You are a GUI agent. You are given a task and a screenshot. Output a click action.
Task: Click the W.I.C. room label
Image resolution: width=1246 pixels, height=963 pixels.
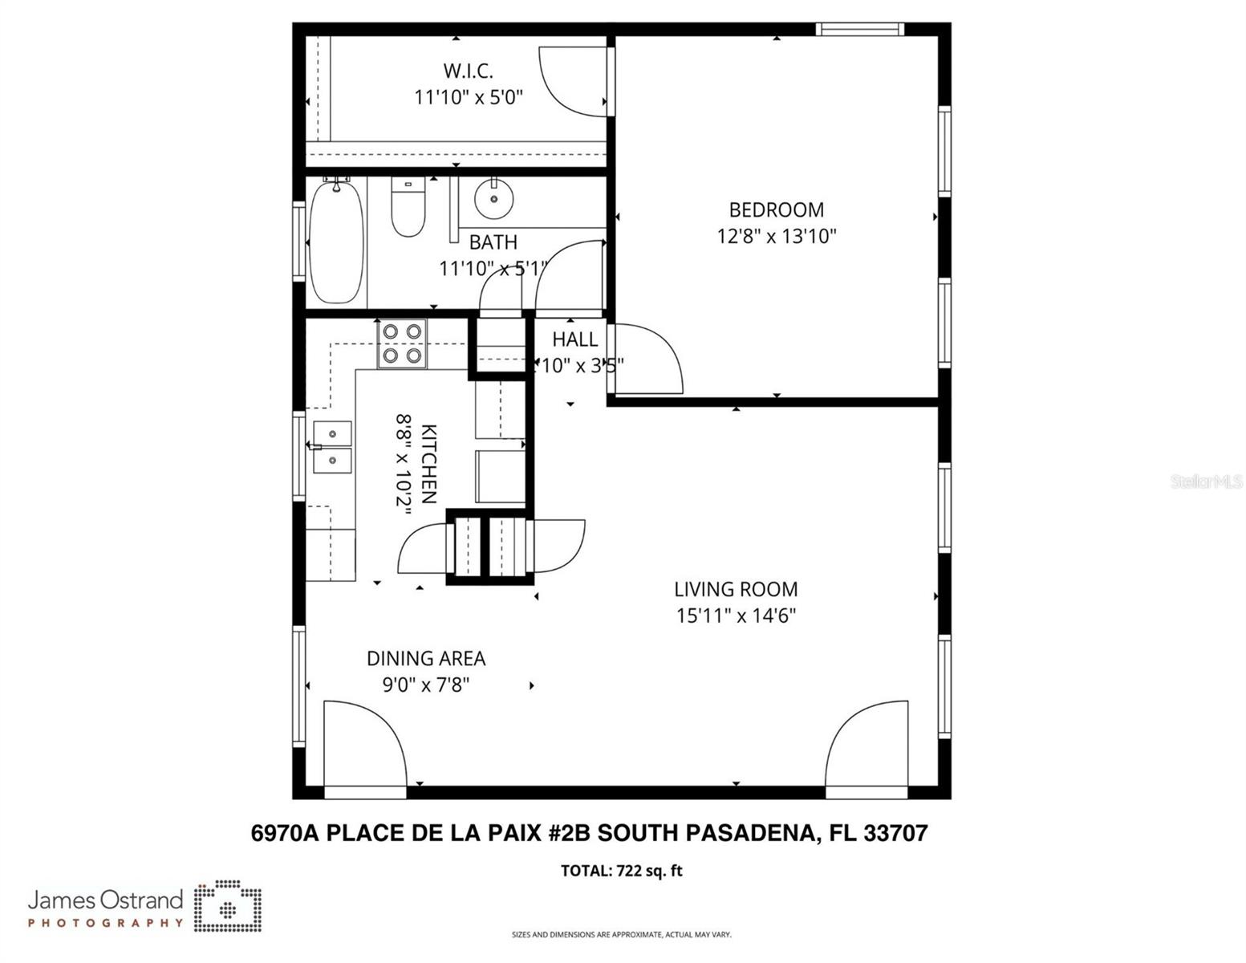point(468,71)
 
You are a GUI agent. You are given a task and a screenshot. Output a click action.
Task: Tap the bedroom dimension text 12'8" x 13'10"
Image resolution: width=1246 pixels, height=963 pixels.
point(776,237)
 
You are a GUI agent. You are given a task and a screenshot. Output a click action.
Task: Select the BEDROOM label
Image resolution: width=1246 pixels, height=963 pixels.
point(776,210)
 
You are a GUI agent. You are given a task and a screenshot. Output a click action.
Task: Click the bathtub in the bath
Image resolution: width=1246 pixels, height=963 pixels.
point(337,242)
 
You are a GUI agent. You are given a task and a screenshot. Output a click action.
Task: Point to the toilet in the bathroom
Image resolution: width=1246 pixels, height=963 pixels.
point(408,207)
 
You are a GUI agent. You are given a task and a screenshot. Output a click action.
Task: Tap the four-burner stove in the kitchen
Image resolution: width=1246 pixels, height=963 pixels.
point(402,343)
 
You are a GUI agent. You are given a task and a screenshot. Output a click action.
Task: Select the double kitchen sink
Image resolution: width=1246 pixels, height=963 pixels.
point(332,447)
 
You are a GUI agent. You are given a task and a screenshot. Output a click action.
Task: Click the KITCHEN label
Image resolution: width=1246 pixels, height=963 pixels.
point(428,464)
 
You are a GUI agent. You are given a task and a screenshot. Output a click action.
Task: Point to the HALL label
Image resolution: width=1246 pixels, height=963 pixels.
point(574,339)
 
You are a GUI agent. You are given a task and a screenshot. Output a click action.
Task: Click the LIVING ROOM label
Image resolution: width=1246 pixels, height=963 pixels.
point(736,590)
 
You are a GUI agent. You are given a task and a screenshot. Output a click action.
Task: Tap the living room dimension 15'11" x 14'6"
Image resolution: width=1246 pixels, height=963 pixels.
point(736,616)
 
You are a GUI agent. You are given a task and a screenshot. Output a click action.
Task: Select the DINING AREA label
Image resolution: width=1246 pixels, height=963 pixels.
point(426,659)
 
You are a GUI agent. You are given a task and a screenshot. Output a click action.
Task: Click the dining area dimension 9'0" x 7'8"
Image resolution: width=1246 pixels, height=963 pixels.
point(426,685)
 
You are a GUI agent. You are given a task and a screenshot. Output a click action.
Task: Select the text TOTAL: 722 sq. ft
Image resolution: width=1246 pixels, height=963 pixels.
point(622,872)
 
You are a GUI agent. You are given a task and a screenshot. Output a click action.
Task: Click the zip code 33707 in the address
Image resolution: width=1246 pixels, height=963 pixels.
point(895,834)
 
